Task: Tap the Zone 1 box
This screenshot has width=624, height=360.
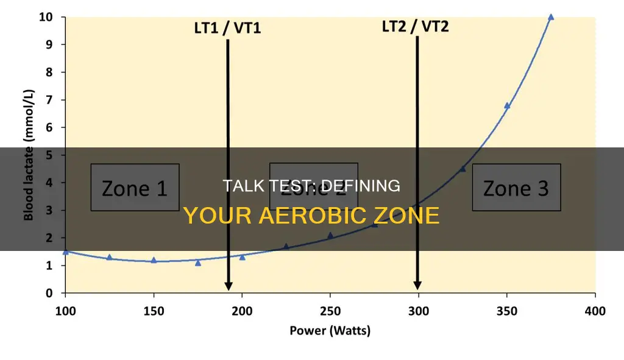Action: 135,188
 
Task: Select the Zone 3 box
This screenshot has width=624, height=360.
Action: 516,188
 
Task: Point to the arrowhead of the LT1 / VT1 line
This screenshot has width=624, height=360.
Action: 228,286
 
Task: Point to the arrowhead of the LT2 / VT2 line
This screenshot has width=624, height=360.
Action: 417,286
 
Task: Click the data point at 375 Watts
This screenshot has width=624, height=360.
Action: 551,17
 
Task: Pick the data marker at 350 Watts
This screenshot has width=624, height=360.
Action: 507,105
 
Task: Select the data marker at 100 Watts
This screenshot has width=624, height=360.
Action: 66,252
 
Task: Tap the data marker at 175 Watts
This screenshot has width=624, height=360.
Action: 198,263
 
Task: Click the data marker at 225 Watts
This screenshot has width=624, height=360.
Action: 286,246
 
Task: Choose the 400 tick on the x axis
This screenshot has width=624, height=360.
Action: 595,311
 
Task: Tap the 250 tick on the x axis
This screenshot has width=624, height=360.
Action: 330,311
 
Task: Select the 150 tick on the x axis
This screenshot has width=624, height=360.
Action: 154,311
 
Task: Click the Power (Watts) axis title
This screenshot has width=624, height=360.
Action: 330,331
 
